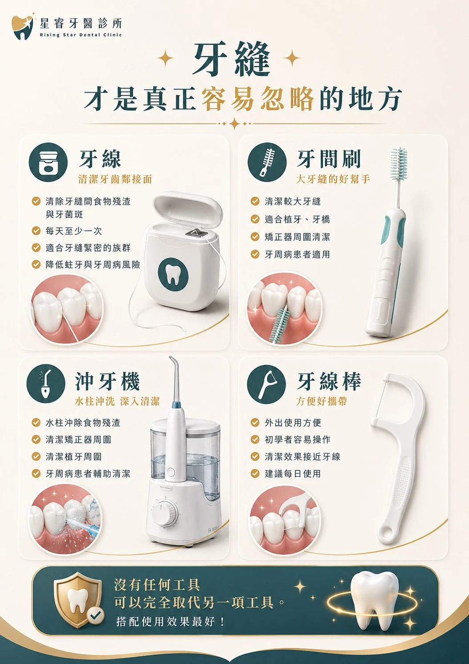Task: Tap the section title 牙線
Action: [x=100, y=159]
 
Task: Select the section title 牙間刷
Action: [x=329, y=159]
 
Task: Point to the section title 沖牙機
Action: [x=107, y=381]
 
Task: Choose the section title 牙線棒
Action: [x=329, y=381]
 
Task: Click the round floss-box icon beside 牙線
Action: [x=48, y=162]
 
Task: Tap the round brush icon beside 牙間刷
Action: [x=267, y=162]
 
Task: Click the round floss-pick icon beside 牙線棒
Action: [x=267, y=384]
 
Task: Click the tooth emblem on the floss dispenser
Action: [x=173, y=274]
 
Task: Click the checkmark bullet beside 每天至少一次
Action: [x=36, y=231]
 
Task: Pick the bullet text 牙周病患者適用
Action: [x=297, y=254]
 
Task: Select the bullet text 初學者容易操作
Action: [x=297, y=439]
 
